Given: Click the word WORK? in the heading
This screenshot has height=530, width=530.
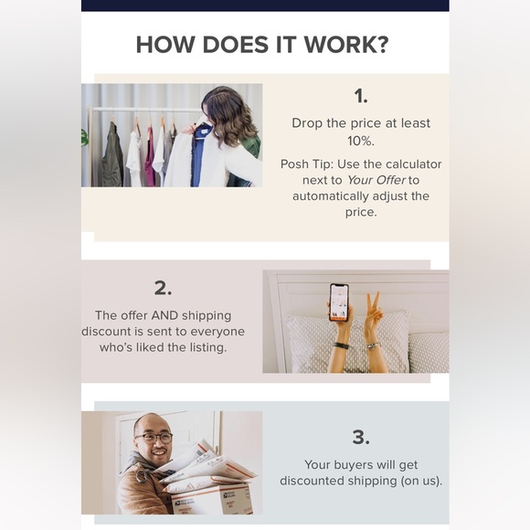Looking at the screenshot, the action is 346,45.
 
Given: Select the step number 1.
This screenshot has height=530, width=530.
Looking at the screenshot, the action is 361,96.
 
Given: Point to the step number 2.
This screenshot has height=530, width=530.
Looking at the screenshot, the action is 163,289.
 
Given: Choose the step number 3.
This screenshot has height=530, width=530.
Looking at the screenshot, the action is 361,437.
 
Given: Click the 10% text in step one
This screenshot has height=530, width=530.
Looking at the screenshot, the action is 361,141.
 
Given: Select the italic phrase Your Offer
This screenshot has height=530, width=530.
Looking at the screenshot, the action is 376,180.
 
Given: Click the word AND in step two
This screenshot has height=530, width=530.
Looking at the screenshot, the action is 164,315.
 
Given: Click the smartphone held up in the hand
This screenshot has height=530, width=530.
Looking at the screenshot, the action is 339,302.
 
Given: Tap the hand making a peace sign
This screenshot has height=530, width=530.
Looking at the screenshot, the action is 373,309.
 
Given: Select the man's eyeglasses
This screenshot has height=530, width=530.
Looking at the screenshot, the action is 154,438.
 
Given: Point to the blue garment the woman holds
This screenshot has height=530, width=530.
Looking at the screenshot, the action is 197,156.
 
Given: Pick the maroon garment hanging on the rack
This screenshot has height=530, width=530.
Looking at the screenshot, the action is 149,157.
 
